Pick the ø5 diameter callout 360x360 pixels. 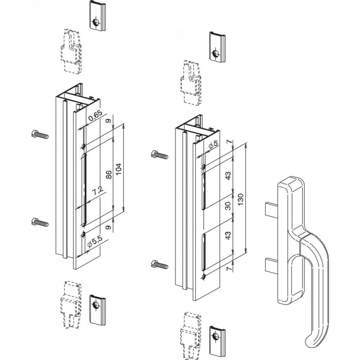pos(214,145)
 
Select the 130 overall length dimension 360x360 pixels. pos(241,198)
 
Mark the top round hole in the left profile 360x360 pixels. pos(84,147)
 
